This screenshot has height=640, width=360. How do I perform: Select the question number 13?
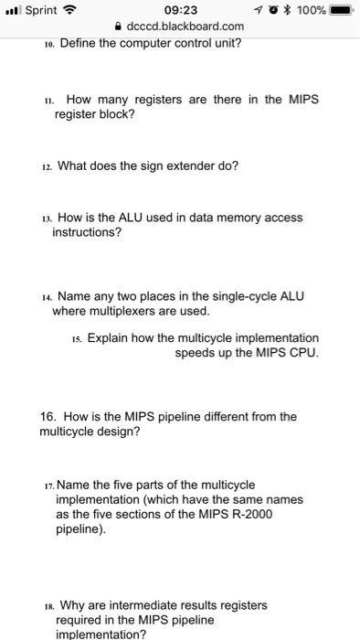(x=47, y=219)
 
